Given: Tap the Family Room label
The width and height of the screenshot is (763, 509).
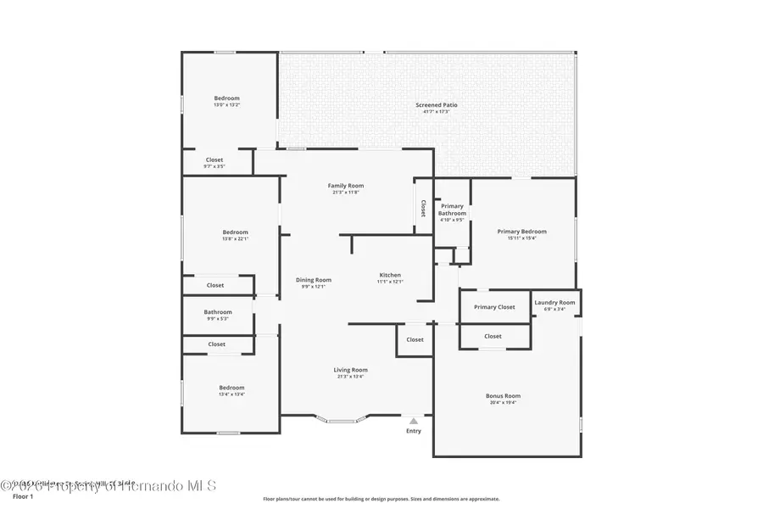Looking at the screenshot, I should (x=345, y=185).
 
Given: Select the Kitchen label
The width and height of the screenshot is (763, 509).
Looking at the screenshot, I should (x=390, y=275).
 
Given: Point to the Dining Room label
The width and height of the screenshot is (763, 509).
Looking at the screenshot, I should (x=313, y=279).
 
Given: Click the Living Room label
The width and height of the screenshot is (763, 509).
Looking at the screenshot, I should (x=350, y=369).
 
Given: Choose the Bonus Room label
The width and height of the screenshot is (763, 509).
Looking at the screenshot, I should (x=503, y=395).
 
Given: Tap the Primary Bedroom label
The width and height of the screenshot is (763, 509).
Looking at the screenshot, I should (x=521, y=231).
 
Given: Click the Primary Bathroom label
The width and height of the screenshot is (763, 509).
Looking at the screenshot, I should (x=452, y=210).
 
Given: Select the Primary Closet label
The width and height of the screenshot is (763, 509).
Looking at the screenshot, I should (x=494, y=307).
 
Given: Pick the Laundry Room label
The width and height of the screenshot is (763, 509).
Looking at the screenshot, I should (x=554, y=302).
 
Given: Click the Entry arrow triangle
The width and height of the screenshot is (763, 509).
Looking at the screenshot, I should (x=414, y=420).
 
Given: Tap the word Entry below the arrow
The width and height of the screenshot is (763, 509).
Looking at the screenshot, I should (x=414, y=431).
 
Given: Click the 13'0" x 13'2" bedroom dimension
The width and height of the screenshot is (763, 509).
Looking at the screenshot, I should (x=226, y=105).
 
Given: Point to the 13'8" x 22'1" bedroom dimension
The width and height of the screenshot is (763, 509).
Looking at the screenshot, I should (x=235, y=239).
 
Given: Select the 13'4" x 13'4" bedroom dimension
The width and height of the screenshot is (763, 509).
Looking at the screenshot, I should (x=231, y=394).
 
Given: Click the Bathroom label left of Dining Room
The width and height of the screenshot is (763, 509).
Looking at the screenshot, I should (x=217, y=311).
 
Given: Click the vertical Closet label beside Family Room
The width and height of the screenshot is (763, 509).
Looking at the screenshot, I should (x=422, y=208).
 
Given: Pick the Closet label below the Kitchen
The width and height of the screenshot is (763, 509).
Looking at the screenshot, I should (x=415, y=339).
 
